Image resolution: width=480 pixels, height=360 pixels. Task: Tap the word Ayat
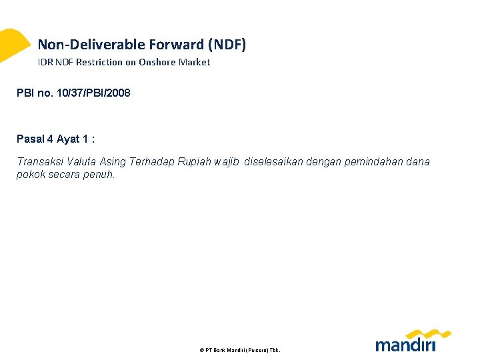tap(68, 139)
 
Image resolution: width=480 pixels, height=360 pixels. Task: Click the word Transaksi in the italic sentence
tap(38, 162)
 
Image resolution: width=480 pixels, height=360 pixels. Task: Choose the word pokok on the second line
tap(29, 175)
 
